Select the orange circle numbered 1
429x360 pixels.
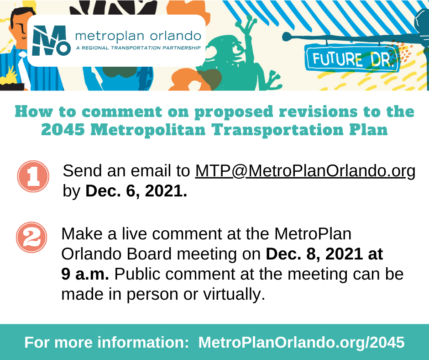coord(33,176)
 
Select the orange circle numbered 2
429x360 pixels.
coord(32,237)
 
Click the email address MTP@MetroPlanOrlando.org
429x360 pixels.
coord(305,171)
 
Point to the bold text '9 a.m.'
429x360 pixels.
coord(85,274)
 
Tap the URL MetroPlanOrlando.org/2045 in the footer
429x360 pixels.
coord(301,342)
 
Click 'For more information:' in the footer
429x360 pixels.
coord(107,342)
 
